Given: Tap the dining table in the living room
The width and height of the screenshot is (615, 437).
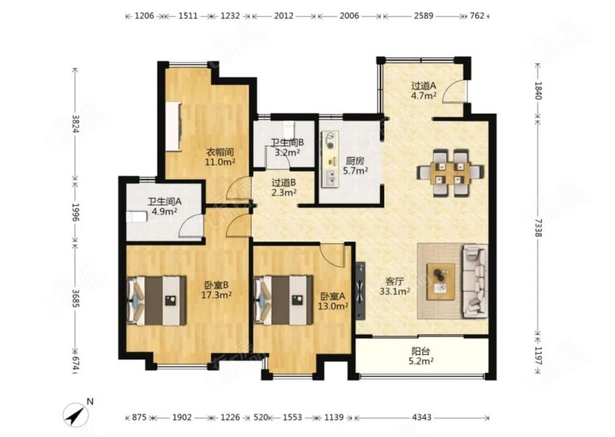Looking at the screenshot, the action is [x=450, y=172].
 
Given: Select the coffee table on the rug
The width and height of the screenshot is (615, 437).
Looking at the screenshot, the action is [x=441, y=281].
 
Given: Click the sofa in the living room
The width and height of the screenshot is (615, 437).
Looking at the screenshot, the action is [x=475, y=280].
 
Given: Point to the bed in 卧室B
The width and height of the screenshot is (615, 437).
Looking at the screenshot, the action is [x=157, y=300].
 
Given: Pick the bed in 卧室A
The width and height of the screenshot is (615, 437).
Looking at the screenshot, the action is [x=283, y=300].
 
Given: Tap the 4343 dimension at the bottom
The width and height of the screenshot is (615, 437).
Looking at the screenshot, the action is [x=421, y=417].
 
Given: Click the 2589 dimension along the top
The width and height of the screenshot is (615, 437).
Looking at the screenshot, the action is [x=424, y=16].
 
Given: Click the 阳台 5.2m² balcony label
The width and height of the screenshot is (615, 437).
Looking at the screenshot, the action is [x=422, y=357].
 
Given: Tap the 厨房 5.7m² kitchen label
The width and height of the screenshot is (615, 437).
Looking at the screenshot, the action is [x=355, y=166].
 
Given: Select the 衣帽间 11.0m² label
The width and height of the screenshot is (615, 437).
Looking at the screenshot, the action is [x=220, y=157].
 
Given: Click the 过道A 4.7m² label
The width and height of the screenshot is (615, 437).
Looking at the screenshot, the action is [x=424, y=91].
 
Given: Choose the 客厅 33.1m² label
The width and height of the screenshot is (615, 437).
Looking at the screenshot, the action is [x=395, y=286].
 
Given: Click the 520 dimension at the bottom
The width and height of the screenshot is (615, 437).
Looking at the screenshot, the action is [x=261, y=417].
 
